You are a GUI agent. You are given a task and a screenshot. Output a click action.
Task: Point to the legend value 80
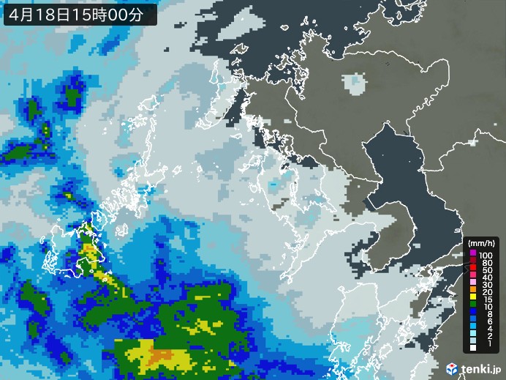click(486, 261)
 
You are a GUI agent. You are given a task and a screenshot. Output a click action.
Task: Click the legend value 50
click(486, 270)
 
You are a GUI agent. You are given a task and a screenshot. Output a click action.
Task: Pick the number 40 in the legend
click(486, 278)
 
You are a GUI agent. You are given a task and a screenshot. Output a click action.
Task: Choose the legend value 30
click(486, 286)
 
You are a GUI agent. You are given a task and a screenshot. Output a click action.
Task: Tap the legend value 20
click(486, 295)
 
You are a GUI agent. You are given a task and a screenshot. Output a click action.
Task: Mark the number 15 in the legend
click(486, 303)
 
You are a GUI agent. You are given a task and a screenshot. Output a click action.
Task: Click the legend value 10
click(486, 311)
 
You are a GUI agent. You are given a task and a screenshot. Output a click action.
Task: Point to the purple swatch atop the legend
click(473, 253)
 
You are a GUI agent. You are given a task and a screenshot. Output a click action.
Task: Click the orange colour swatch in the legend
click(473, 295)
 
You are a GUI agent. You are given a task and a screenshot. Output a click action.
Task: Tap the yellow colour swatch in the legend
click(473, 303)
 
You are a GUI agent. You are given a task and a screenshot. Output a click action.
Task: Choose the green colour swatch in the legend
click(473, 311)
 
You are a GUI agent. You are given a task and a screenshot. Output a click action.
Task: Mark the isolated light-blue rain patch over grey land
click(356, 83)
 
